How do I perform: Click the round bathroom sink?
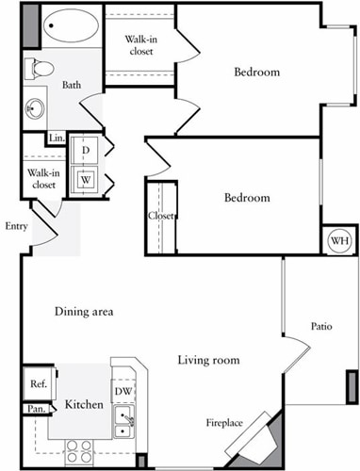tap(36, 107)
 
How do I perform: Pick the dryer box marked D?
tap(86, 151)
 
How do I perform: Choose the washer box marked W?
tap(86, 179)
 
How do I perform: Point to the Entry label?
tap(16, 226)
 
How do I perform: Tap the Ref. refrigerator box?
tap(39, 383)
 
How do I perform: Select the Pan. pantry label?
tap(36, 409)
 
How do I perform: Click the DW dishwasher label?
tap(123, 391)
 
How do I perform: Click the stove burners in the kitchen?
tap(77, 451)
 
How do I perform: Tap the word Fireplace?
tap(226, 423)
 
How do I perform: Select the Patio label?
tap(321, 327)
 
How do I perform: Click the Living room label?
tap(208, 360)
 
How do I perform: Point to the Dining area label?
tap(84, 312)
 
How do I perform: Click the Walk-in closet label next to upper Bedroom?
tap(140, 46)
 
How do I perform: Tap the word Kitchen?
tap(83, 406)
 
